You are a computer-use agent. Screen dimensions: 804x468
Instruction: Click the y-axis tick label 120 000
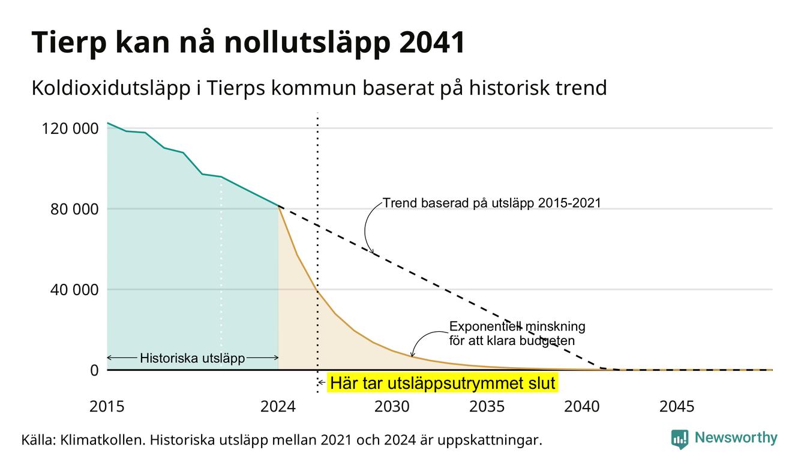pos(70,128)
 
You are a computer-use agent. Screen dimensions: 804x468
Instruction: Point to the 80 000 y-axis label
pos(74,209)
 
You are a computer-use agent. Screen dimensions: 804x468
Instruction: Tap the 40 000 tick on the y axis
pos(74,290)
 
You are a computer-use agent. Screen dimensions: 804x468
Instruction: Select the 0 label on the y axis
pos(94,370)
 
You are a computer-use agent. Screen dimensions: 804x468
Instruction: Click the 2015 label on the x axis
pos(107,407)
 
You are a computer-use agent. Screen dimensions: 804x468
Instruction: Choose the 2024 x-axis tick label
pos(278,407)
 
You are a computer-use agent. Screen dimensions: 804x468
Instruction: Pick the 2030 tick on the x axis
pos(392,407)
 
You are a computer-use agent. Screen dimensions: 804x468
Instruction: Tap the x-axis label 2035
pos(487,407)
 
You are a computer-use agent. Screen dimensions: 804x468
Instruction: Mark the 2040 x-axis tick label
pos(582,407)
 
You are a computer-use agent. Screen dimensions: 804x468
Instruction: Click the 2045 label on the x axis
pos(677,407)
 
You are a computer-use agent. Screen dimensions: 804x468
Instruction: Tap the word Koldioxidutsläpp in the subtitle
pos(111,88)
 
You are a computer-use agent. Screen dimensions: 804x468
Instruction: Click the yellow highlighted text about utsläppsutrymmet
pos(443,383)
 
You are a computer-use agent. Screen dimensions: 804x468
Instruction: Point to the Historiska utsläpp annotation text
pos(193,358)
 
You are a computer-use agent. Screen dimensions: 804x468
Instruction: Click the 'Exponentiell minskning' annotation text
pos(517,326)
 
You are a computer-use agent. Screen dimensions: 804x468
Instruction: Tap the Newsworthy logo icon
pos(679,439)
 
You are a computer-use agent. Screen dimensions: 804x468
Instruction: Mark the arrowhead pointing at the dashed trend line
pos(372,251)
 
